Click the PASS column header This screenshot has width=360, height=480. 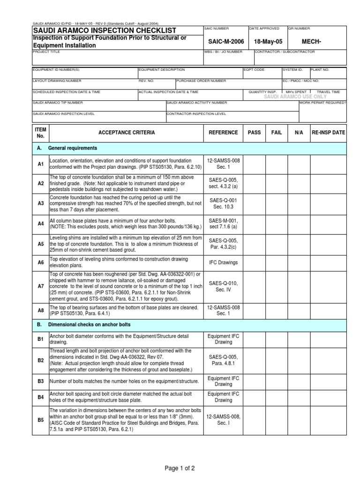(x=254, y=133)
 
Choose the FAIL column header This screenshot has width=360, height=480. (x=277, y=133)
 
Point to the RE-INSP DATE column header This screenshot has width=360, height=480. (x=328, y=133)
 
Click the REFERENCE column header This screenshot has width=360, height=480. (x=223, y=133)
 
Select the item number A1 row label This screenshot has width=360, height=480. (x=40, y=164)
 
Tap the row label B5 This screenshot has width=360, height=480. (x=40, y=420)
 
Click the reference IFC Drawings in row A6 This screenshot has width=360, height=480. (x=223, y=263)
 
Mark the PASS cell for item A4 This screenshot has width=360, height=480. (x=254, y=224)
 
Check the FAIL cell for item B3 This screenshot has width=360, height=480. (x=277, y=382)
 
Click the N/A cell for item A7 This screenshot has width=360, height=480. (x=299, y=285)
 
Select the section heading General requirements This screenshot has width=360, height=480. (x=73, y=148)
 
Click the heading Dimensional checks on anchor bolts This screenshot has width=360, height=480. (x=89, y=324)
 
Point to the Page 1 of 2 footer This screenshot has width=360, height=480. (x=180, y=468)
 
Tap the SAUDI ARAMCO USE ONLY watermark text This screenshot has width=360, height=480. (x=295, y=97)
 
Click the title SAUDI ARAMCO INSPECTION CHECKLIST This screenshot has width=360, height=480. (x=104, y=30)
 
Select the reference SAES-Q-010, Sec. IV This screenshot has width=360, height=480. (x=223, y=285)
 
